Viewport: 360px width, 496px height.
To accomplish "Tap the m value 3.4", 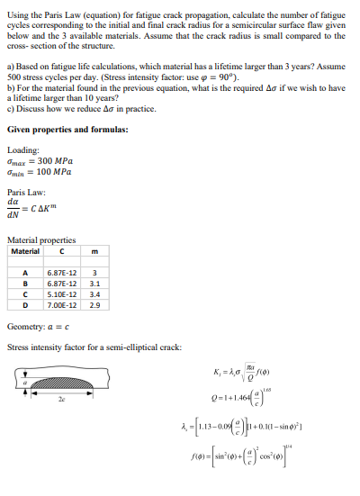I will (x=94, y=291).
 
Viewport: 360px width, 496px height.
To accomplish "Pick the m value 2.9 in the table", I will (x=94, y=302).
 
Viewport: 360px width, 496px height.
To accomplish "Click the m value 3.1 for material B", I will (x=94, y=280).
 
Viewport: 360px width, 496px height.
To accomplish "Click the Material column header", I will (x=25, y=251).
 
